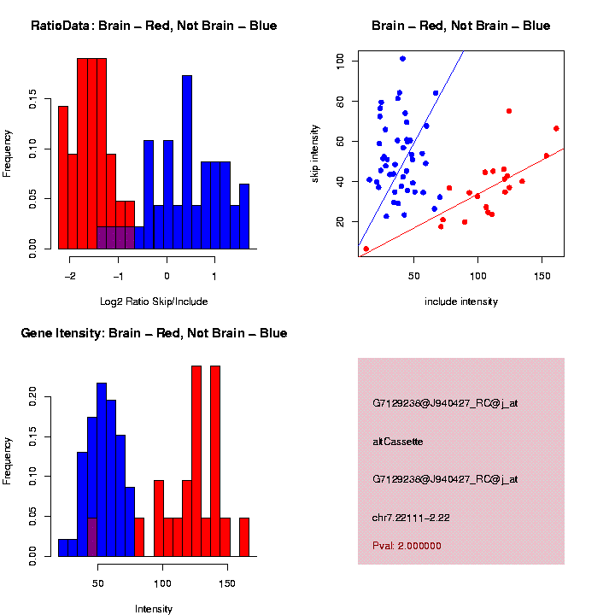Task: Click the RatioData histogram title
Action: click(154, 26)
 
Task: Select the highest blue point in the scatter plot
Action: click(402, 59)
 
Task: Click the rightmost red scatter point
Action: click(556, 128)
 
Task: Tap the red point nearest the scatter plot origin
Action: click(366, 249)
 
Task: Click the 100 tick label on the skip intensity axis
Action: click(340, 61)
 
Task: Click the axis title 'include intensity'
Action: click(461, 302)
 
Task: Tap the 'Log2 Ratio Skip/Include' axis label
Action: click(154, 302)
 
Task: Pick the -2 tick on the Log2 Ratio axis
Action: click(70, 276)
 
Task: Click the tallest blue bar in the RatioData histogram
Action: click(187, 162)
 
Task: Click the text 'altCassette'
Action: click(398, 442)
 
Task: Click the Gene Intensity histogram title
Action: click(154, 333)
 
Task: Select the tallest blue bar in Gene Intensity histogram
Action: click(102, 470)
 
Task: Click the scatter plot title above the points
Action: click(461, 26)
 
